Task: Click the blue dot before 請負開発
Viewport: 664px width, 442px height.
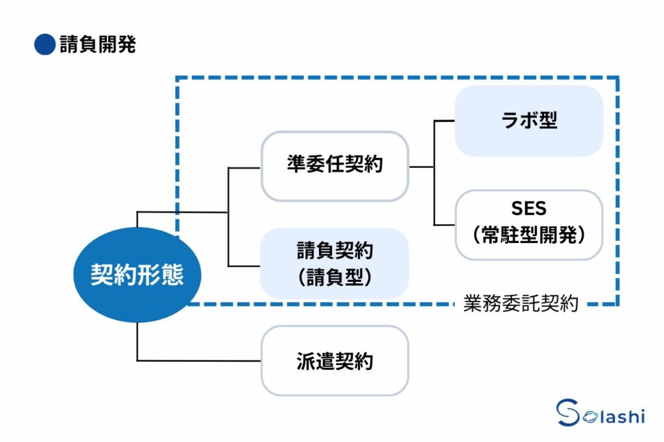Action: pyautogui.click(x=44, y=45)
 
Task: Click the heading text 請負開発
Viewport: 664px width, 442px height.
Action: pyautogui.click(x=97, y=45)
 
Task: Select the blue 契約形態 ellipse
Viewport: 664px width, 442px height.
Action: pyautogui.click(x=137, y=275)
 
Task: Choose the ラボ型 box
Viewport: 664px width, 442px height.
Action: pyautogui.click(x=528, y=121)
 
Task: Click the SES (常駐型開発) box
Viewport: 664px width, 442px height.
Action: pyautogui.click(x=528, y=224)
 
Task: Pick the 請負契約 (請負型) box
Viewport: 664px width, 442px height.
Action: pyautogui.click(x=335, y=263)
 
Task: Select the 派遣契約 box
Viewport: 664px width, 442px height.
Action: pyautogui.click(x=335, y=360)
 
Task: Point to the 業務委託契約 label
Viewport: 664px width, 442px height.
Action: pyautogui.click(x=521, y=305)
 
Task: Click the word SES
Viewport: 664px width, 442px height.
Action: pyautogui.click(x=528, y=209)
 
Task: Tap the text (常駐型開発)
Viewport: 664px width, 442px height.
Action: pyautogui.click(x=528, y=235)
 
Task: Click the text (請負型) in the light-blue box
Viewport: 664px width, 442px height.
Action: pyautogui.click(x=335, y=277)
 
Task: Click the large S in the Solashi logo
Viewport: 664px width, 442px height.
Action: pyautogui.click(x=569, y=413)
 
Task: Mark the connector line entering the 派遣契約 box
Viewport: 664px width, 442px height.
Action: pyautogui.click(x=201, y=360)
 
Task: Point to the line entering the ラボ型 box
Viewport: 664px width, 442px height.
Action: pyautogui.click(x=444, y=121)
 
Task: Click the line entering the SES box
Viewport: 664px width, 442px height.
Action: pyautogui.click(x=444, y=225)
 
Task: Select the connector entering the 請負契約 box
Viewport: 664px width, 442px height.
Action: pyautogui.click(x=244, y=266)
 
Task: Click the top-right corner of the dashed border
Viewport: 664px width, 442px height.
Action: pyautogui.click(x=617, y=78)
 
